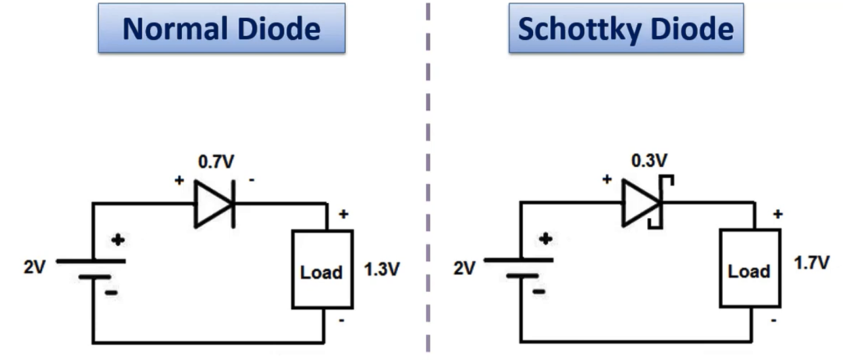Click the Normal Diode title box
coord(222,28)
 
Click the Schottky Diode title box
coord(626,28)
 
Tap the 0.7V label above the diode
coord(217,162)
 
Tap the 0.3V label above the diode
coord(649,160)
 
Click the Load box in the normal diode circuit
coord(322,269)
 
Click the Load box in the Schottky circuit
coord(750,269)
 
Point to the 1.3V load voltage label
coord(382,269)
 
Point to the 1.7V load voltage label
coord(811,263)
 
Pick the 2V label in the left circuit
coord(35,267)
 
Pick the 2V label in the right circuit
coord(464,267)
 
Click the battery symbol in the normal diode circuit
coord(92,269)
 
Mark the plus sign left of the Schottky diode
coord(607,179)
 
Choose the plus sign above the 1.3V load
coord(343,214)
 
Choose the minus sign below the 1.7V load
coord(773,321)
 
